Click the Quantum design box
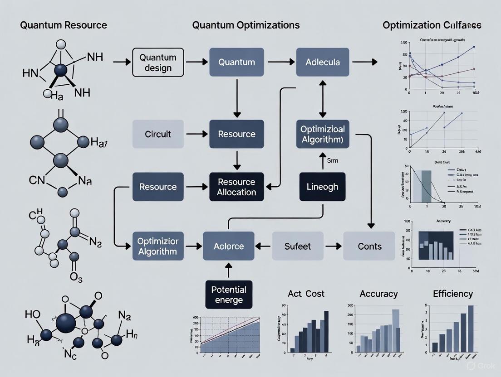pyautogui.click(x=158, y=63)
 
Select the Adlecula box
pyautogui.click(x=323, y=62)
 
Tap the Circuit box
pyautogui.click(x=158, y=134)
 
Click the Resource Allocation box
pyautogui.click(x=236, y=187)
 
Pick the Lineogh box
pyautogui.click(x=322, y=187)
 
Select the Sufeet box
pyautogui.click(x=298, y=246)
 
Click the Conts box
pyautogui.click(x=369, y=246)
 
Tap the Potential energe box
pyautogui.click(x=228, y=295)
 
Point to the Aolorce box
pyautogui.click(x=228, y=246)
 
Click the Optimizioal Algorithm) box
pyautogui.click(x=323, y=134)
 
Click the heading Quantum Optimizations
pyautogui.click(x=246, y=25)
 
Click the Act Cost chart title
pyautogui.click(x=306, y=294)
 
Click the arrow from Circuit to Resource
pyautogui.click(x=196, y=134)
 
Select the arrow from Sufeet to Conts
pyautogui.click(x=333, y=246)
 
